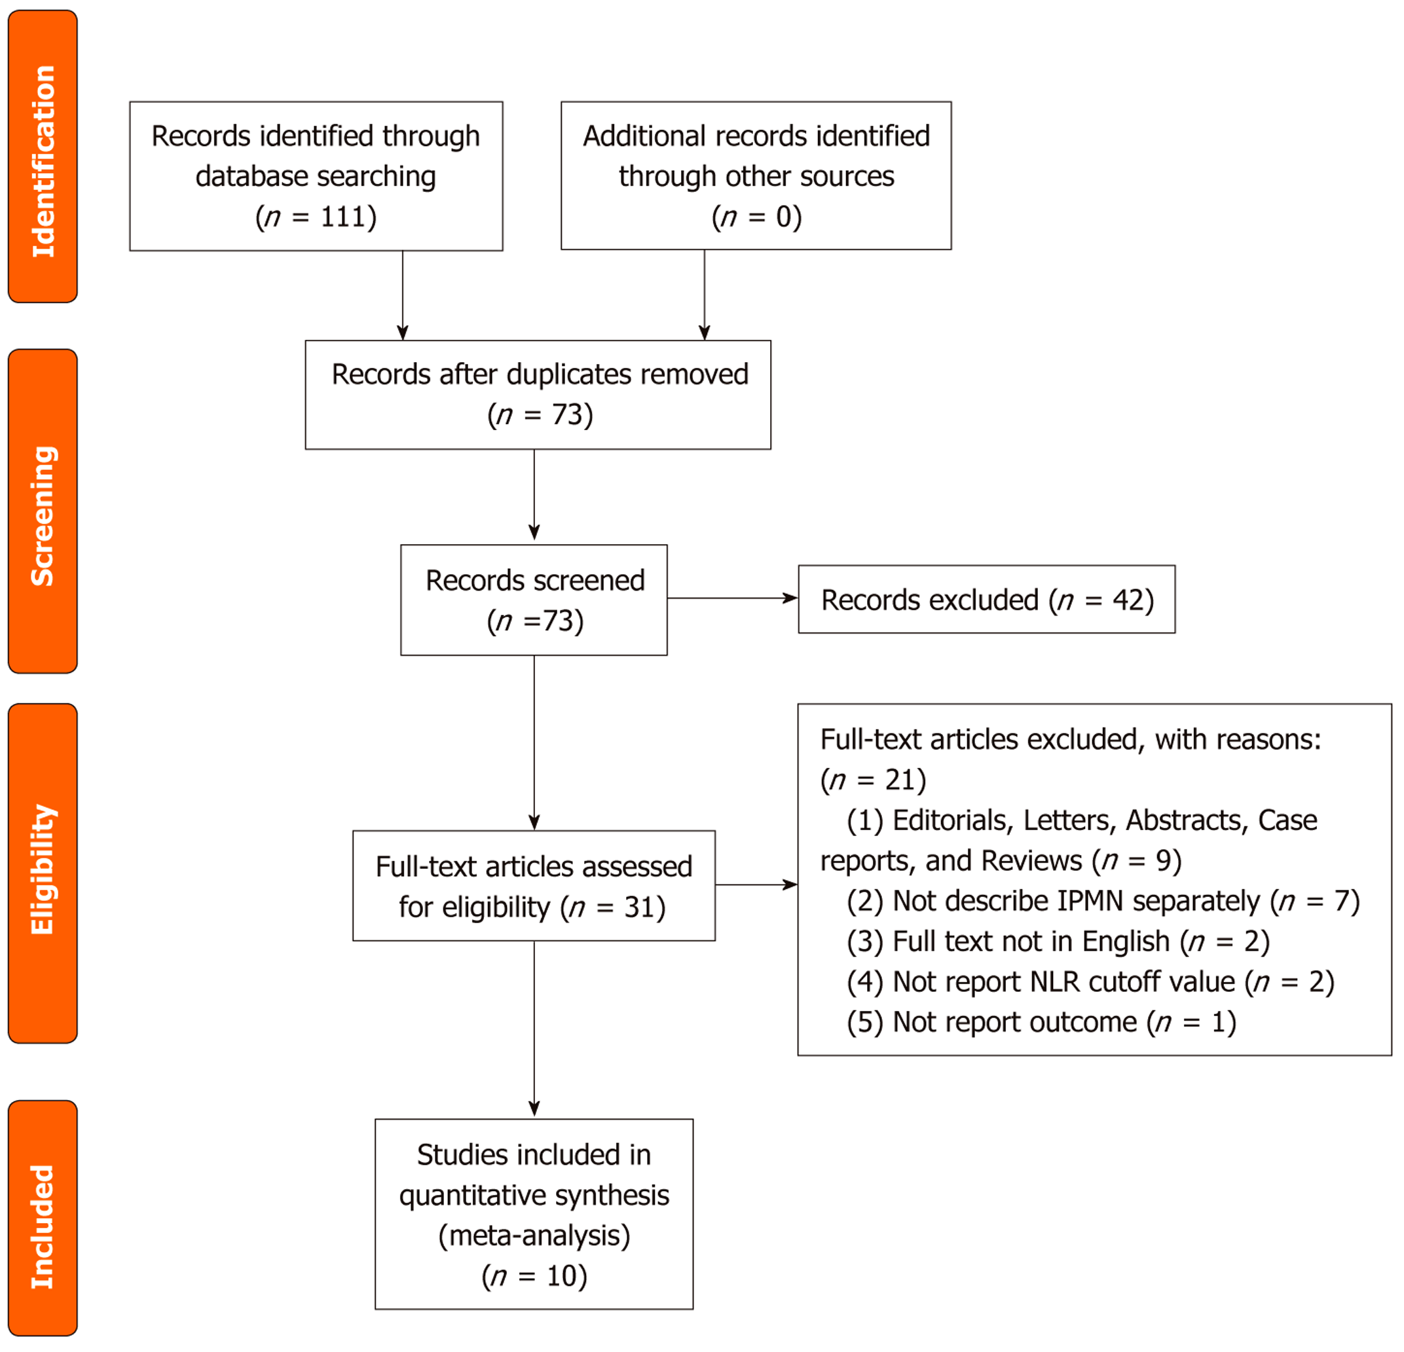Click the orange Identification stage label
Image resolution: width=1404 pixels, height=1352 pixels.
coord(43,156)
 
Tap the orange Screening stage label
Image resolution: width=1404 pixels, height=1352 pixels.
coord(43,511)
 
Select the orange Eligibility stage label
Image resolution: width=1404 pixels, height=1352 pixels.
coord(43,873)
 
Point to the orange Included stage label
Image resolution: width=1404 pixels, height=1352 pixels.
coord(43,1218)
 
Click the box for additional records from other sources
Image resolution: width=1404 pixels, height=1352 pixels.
coord(756,175)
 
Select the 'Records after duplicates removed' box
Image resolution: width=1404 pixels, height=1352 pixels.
coord(538,395)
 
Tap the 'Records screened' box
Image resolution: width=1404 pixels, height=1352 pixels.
coord(534,600)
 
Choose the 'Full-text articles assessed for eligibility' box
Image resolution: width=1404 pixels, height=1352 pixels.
coord(534,886)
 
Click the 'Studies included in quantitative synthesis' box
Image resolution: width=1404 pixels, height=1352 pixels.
coord(534,1215)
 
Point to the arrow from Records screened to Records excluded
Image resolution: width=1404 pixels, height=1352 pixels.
coord(733,598)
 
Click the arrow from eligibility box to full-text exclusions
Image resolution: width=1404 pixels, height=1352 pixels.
coord(756,885)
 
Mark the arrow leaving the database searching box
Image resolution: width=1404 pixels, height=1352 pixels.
coord(403,295)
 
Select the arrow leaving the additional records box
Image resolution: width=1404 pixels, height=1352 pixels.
coord(705,295)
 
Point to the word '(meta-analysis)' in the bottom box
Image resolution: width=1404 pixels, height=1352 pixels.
coord(534,1236)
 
